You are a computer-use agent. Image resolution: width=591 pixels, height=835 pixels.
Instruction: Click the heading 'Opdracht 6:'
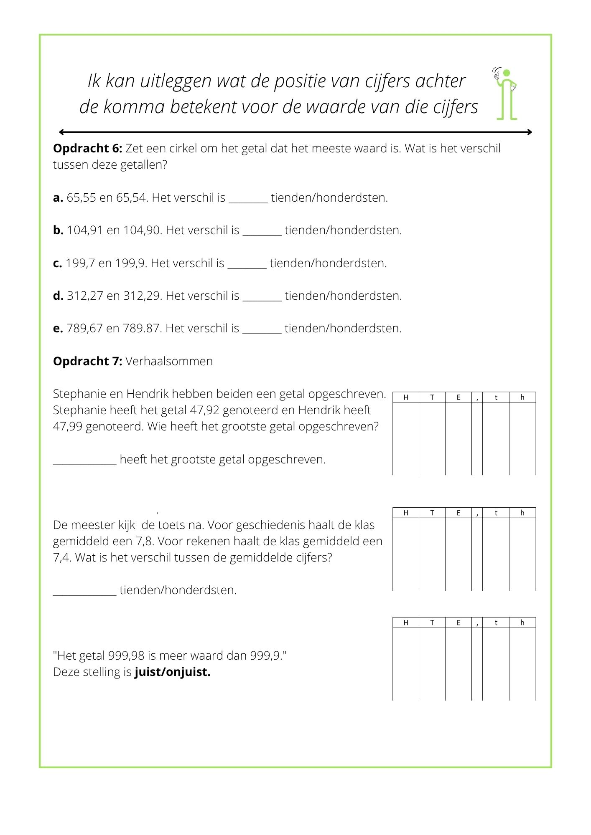[x=87, y=149]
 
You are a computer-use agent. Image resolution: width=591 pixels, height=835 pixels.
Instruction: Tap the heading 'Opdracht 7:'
[x=87, y=361]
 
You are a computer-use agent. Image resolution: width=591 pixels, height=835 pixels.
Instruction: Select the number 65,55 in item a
[x=81, y=198]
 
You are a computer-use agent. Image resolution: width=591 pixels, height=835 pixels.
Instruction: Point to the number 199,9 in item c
[x=130, y=263]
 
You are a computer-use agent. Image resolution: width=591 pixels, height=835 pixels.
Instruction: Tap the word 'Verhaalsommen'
[x=169, y=361]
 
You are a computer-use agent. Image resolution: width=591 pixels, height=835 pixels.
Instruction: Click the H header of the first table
[x=405, y=397]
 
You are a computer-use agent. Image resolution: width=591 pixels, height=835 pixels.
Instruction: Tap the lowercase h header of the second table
[x=522, y=513]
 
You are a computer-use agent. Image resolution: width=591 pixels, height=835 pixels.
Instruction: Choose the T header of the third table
[x=432, y=622]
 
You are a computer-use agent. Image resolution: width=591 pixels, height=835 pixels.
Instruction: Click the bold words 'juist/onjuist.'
[x=172, y=672]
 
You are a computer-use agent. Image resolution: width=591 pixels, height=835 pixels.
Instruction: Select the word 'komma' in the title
[x=134, y=107]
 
